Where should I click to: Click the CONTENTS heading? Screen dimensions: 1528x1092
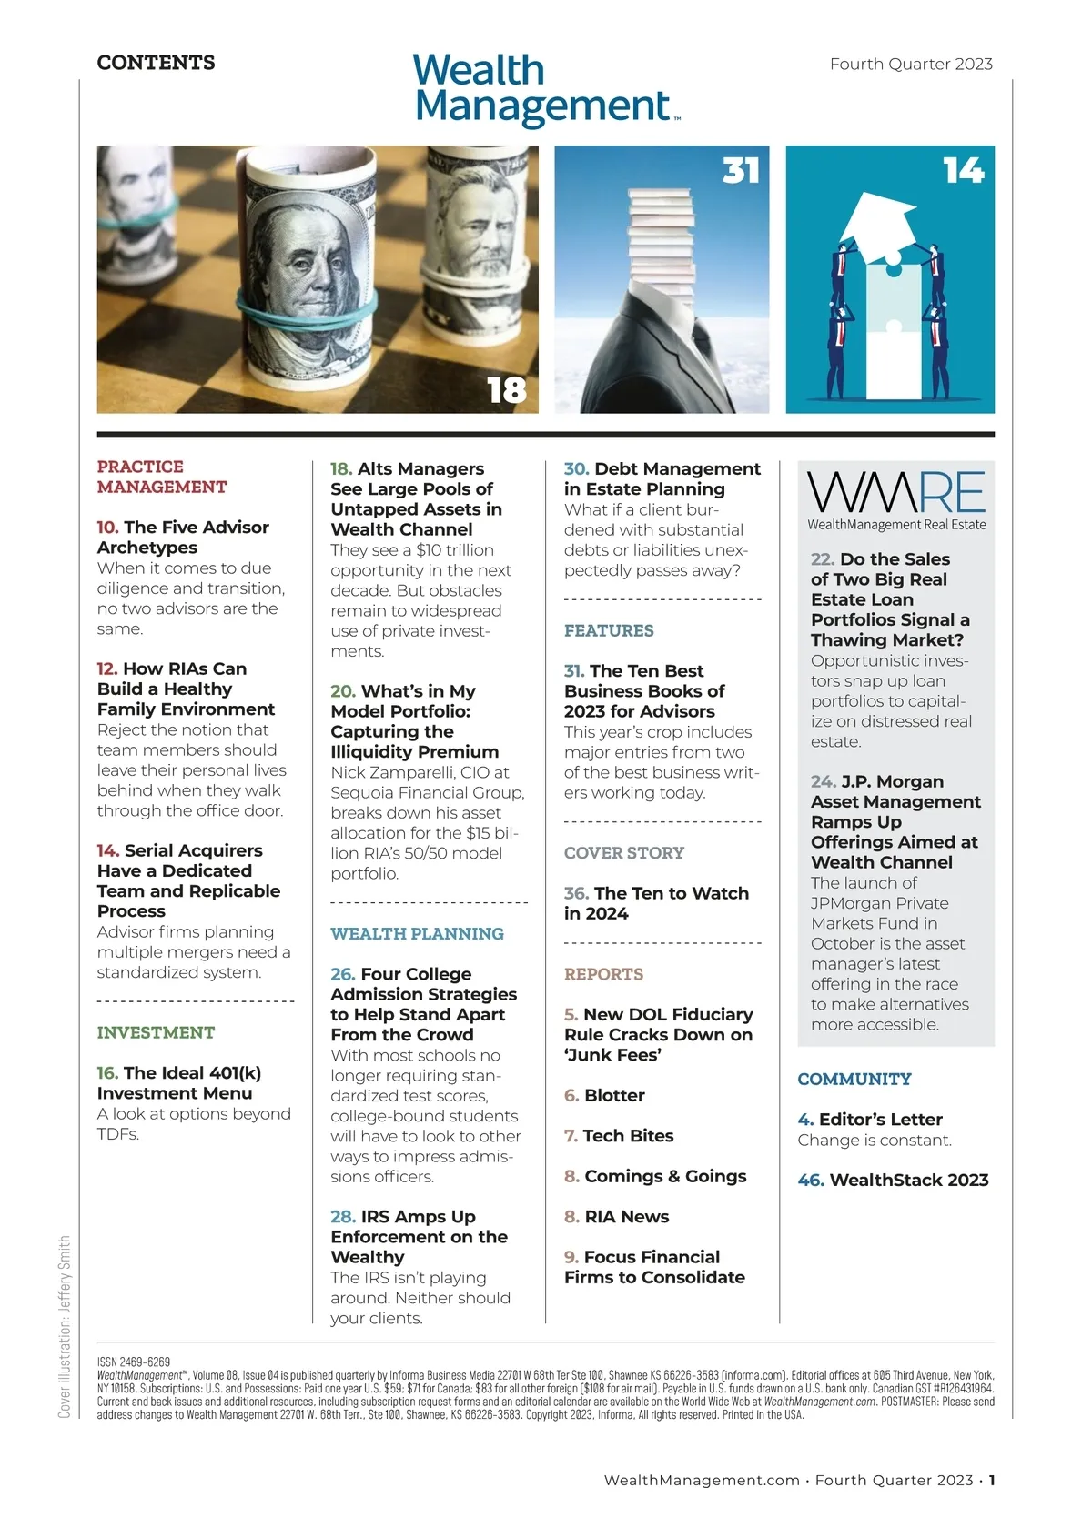(157, 63)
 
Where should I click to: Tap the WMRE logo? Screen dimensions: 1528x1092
(895, 499)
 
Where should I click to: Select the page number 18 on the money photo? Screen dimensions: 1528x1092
(507, 390)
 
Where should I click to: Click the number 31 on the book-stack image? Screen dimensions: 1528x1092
(741, 170)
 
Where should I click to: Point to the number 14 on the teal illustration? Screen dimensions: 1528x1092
(964, 170)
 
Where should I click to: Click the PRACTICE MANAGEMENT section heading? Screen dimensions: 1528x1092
(162, 477)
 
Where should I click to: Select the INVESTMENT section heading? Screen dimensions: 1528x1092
(156, 1032)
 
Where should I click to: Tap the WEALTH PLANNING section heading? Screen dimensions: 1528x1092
(417, 933)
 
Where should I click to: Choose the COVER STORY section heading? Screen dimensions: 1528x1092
(623, 852)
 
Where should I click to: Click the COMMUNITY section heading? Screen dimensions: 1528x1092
(854, 1079)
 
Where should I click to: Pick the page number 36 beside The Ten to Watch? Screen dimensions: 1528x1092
(576, 893)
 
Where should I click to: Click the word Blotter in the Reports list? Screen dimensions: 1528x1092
(614, 1095)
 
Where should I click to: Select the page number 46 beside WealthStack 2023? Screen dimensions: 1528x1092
(810, 1180)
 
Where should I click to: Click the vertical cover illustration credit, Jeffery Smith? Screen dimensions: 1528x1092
(65, 1325)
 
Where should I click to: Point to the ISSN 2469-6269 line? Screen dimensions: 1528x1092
(134, 1362)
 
